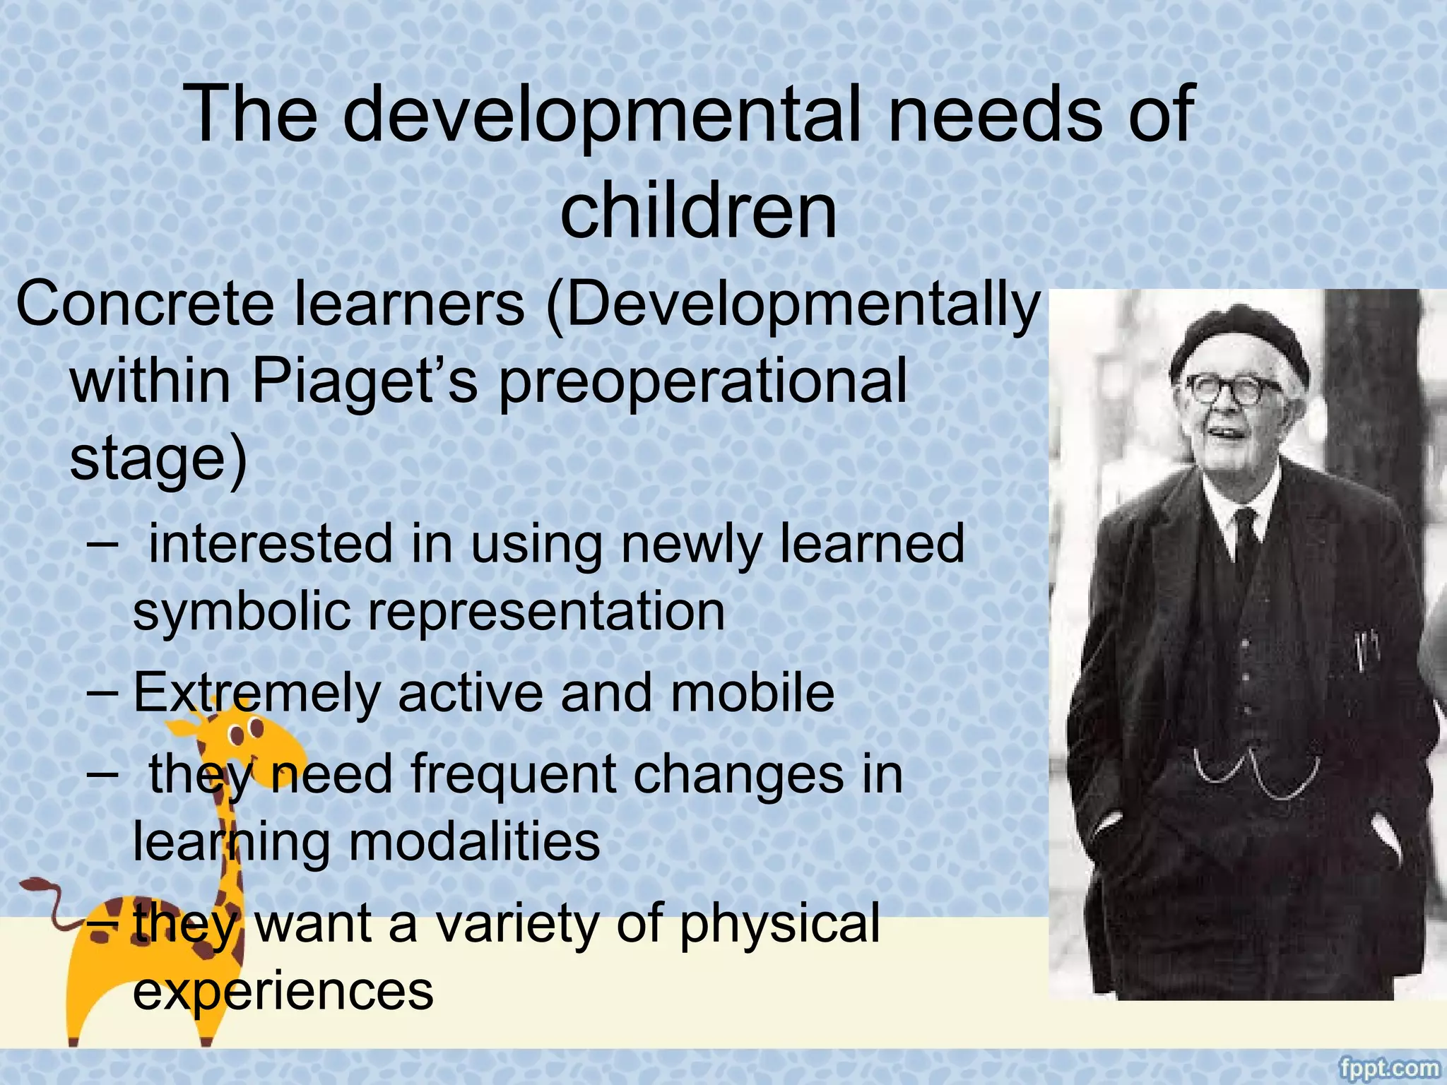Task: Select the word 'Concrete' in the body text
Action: [145, 304]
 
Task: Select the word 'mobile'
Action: [752, 693]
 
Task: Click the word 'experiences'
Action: [283, 992]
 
